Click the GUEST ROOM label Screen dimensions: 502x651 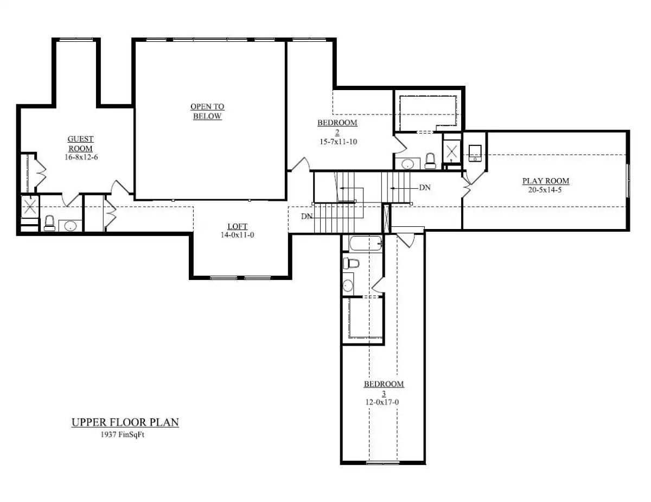click(x=80, y=144)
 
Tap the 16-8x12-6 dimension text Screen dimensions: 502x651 click(x=80, y=157)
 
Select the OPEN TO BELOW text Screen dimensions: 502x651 click(x=207, y=112)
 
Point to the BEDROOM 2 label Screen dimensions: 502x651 click(x=337, y=127)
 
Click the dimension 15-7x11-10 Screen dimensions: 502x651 click(x=337, y=142)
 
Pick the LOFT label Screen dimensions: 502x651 click(x=237, y=227)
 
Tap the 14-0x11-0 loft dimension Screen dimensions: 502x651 click(x=237, y=236)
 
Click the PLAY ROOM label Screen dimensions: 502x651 click(x=545, y=181)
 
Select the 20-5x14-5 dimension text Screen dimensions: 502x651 click(x=545, y=190)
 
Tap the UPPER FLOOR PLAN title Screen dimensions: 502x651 click(x=125, y=422)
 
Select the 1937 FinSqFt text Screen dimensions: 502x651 click(x=125, y=434)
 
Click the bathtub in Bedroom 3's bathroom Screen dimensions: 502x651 click(x=366, y=243)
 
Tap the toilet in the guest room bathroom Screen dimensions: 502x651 click(x=49, y=223)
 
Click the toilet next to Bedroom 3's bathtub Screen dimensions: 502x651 click(x=352, y=264)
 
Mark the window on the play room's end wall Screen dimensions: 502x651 click(x=628, y=180)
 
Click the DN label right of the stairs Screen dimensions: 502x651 click(x=425, y=187)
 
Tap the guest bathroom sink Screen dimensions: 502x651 click(x=70, y=226)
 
